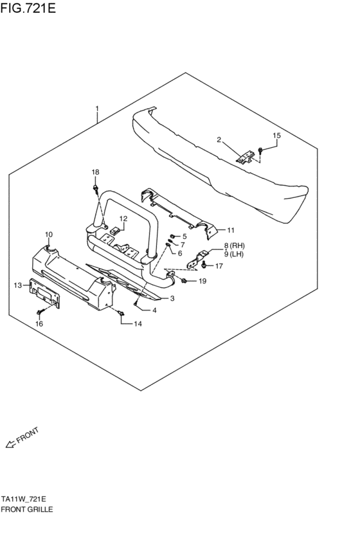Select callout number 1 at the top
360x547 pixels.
pos(97,109)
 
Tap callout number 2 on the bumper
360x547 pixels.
pos(219,139)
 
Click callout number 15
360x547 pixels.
pos(277,136)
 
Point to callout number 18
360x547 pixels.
pos(95,172)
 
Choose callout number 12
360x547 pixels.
pos(123,219)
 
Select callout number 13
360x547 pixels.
pos(17,285)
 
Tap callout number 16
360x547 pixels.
pos(39,324)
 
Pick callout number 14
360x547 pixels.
pos(137,324)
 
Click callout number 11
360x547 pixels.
pos(231,229)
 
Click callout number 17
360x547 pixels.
pos(219,266)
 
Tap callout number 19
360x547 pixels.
pos(202,282)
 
